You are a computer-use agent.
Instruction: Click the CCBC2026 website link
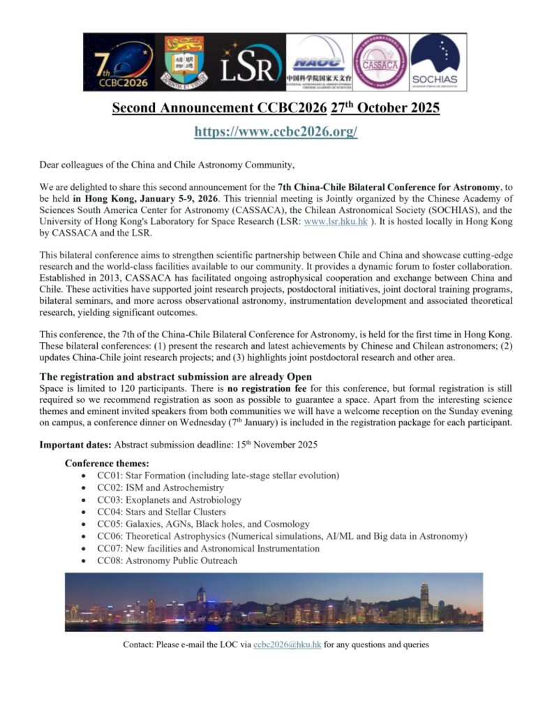(276, 131)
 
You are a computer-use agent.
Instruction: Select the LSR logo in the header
(251, 63)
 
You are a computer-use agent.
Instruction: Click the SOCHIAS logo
(434, 63)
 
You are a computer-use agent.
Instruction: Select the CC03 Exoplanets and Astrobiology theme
(169, 500)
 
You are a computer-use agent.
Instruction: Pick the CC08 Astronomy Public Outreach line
(167, 561)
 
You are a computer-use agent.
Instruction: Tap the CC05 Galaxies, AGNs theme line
(203, 524)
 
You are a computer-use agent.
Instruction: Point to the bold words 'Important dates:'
(75, 445)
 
